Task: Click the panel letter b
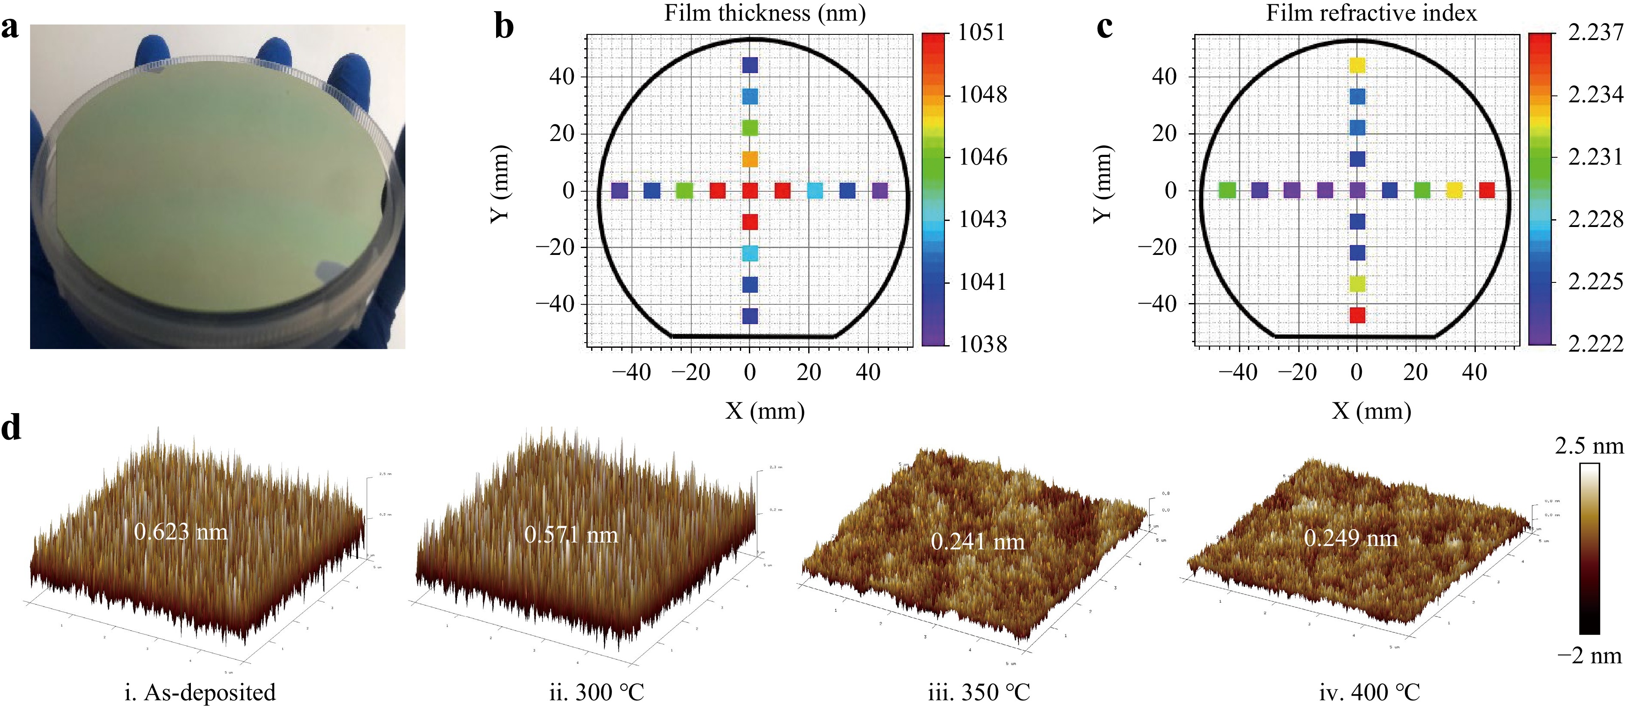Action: [x=504, y=27]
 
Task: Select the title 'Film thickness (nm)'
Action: [x=764, y=12]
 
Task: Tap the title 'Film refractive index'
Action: [x=1371, y=12]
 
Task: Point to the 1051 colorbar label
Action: [x=981, y=31]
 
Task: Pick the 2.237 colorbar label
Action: [x=1595, y=31]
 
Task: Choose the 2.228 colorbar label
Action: [x=1595, y=219]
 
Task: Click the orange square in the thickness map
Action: [x=749, y=159]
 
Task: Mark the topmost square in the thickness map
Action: [x=749, y=65]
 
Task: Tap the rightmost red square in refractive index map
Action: [x=1487, y=190]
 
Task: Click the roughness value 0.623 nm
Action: [x=181, y=532]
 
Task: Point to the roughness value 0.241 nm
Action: [x=977, y=541]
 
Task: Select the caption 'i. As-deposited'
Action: [x=200, y=692]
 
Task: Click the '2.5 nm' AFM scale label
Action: [x=1588, y=446]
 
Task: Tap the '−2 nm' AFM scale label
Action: [x=1589, y=656]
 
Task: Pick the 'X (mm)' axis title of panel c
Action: [x=1371, y=411]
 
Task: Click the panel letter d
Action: [x=11, y=428]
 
